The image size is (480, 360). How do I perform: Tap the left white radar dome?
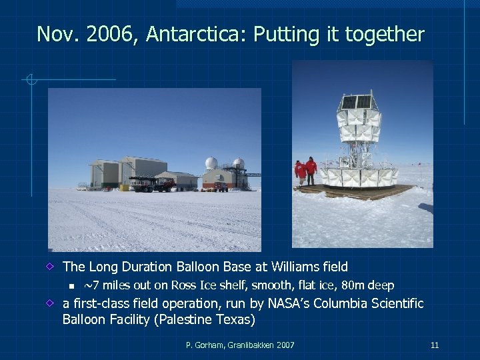(x=211, y=163)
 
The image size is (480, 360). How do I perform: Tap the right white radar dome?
(x=238, y=163)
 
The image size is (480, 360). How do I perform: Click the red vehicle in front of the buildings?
(x=163, y=185)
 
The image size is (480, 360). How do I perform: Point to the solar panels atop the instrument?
(x=357, y=102)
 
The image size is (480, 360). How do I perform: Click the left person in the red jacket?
(x=301, y=173)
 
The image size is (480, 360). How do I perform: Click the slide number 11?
(x=435, y=345)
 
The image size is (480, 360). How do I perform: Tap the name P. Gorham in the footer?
(x=203, y=345)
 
